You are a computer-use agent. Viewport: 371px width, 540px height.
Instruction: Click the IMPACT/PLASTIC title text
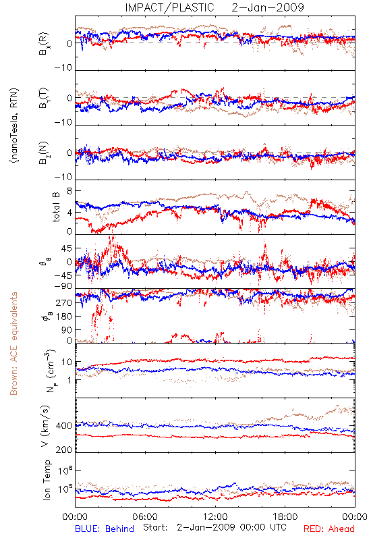[x=169, y=7]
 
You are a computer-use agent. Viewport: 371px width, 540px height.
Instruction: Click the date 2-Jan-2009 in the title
[x=268, y=7]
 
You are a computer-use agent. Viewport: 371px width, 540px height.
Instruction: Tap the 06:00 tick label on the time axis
[x=145, y=516]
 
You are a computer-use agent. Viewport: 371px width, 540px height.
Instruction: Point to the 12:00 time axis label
[x=215, y=516]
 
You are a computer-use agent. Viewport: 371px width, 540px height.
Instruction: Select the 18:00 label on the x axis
[x=285, y=516]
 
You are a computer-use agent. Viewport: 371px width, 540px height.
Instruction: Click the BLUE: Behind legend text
[x=105, y=529]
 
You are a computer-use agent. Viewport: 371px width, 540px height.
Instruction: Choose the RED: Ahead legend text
[x=329, y=529]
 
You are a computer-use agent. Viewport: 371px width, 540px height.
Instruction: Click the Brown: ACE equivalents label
[x=13, y=344]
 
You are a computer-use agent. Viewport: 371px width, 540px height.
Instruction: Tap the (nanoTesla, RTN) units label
[x=14, y=125]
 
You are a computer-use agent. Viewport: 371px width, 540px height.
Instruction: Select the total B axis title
[x=56, y=207]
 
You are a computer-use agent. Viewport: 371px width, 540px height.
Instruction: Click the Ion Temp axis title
[x=47, y=480]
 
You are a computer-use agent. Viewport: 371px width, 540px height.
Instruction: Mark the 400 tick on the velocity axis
[x=64, y=426]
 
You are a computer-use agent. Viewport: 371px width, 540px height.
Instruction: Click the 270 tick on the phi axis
[x=65, y=302]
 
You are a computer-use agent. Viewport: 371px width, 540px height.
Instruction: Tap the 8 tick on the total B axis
[x=69, y=191]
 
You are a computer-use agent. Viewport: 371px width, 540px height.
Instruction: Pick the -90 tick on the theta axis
[x=63, y=286]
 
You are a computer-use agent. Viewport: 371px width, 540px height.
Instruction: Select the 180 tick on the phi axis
[x=65, y=317]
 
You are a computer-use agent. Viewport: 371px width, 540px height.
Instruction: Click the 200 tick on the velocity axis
[x=64, y=450]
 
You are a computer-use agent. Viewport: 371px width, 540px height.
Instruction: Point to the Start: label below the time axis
[x=155, y=527]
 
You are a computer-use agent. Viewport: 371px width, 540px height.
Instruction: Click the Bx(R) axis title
[x=44, y=44]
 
